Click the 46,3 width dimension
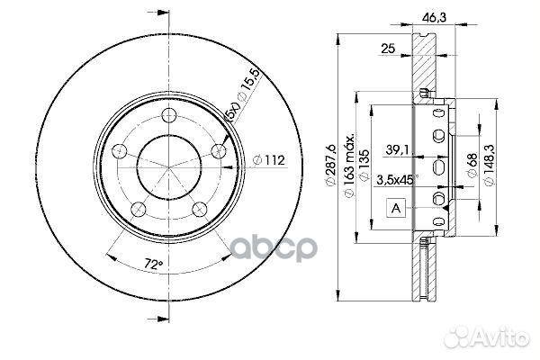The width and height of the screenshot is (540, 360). pyautogui.click(x=434, y=17)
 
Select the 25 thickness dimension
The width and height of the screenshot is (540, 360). pyautogui.click(x=388, y=49)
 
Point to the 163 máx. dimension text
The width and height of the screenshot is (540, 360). pyautogui.click(x=349, y=165)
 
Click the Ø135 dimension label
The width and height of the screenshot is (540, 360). pyautogui.click(x=364, y=165)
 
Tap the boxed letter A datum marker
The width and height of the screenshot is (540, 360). pyautogui.click(x=396, y=208)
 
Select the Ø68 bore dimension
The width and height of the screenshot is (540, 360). pyautogui.click(x=472, y=165)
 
